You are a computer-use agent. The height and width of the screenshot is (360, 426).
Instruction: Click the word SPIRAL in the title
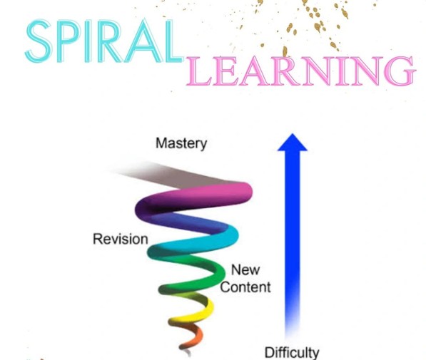tap(105, 41)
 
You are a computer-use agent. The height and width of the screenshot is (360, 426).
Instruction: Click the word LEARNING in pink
tap(301, 71)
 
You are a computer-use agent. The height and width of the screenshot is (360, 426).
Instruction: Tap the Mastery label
tap(181, 143)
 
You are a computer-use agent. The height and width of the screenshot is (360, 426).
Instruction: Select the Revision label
tap(121, 240)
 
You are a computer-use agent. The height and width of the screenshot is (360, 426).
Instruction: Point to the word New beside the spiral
tap(245, 270)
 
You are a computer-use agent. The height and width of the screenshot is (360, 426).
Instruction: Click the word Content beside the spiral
tap(245, 287)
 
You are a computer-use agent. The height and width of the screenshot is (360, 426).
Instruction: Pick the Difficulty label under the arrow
tap(292, 353)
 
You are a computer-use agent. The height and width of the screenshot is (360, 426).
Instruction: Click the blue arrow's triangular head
tap(293, 143)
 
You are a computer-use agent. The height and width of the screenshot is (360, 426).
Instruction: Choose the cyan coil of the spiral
tap(206, 240)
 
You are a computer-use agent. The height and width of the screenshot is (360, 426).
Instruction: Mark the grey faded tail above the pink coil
tap(168, 174)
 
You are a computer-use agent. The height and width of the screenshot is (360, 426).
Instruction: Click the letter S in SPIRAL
tap(39, 41)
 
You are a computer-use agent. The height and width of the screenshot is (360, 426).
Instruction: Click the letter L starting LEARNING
tap(199, 71)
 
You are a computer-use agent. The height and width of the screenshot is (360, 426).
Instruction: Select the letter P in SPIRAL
tap(67, 41)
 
